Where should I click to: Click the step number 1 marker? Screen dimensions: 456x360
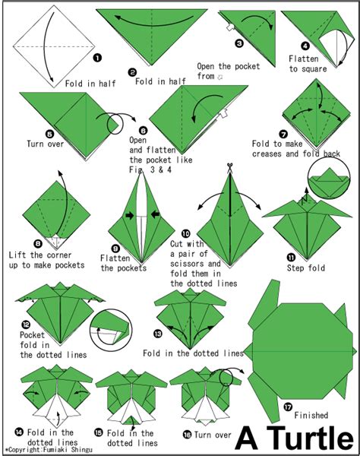[x=97, y=56]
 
